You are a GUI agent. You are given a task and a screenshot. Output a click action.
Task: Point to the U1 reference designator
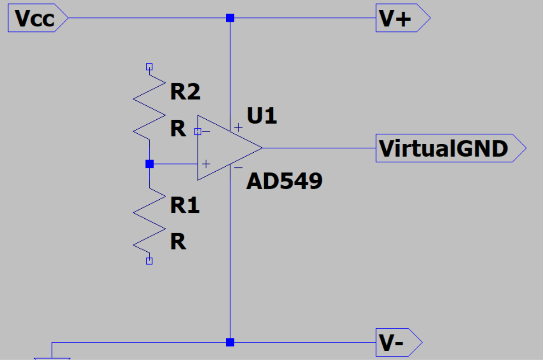click(262, 115)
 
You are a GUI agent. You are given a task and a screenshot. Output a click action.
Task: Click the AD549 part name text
click(284, 181)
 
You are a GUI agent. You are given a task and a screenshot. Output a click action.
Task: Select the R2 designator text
click(185, 91)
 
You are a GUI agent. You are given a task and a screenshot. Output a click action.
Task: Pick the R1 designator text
click(185, 205)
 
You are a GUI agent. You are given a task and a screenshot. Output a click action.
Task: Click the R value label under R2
click(178, 129)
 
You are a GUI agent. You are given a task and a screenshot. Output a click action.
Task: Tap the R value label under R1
click(178, 242)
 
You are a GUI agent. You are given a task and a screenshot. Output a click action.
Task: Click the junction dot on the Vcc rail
click(230, 18)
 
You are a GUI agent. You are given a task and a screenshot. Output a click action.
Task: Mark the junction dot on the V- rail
click(230, 342)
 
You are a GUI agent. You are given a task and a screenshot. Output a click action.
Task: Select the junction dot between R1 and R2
click(149, 164)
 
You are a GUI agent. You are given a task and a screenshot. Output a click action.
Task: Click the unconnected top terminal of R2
click(149, 67)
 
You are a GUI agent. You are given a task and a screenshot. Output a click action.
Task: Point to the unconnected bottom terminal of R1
click(149, 261)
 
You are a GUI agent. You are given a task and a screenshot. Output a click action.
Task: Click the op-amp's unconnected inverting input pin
click(197, 132)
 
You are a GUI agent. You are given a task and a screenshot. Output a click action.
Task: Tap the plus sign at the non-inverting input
click(206, 164)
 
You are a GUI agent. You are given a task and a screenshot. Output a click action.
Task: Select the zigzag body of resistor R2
click(149, 108)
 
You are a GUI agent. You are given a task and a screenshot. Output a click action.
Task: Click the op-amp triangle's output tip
click(262, 148)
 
